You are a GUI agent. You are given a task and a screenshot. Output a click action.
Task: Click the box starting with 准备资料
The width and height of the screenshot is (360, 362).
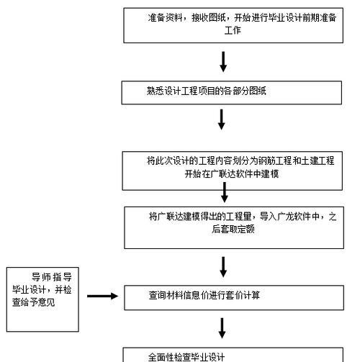(233, 25)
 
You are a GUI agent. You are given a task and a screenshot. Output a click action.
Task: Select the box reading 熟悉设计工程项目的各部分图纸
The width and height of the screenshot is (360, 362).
(232, 93)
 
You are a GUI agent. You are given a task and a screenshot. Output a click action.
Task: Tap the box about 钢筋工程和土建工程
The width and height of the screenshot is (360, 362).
(233, 171)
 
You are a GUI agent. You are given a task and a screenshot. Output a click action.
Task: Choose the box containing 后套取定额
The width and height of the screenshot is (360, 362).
(234, 227)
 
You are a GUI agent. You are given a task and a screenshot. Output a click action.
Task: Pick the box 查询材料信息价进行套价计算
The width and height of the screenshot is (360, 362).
(234, 298)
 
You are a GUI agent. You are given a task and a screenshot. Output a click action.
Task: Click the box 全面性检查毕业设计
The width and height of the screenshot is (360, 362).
(233, 355)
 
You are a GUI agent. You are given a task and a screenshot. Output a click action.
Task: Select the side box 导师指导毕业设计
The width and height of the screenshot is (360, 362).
(42, 299)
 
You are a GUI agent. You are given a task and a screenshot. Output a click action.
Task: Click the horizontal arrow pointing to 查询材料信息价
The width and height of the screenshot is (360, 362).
(103, 296)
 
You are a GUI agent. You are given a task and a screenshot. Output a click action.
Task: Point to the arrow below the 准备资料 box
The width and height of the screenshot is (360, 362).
(223, 62)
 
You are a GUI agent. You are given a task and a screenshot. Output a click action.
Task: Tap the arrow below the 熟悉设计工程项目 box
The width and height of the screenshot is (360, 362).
(221, 119)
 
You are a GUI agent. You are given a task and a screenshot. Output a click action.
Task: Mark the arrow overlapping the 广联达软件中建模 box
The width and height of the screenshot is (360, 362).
(225, 192)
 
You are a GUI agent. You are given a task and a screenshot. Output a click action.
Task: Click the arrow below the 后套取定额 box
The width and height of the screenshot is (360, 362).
(223, 267)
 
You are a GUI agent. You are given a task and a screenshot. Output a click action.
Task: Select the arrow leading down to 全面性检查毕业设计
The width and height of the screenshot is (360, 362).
(222, 328)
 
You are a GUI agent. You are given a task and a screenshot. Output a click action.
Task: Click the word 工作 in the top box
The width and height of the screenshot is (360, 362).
(233, 30)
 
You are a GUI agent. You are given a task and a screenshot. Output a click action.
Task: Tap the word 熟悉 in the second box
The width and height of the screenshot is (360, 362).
(156, 91)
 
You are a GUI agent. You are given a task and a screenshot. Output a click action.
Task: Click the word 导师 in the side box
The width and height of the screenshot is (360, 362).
(40, 277)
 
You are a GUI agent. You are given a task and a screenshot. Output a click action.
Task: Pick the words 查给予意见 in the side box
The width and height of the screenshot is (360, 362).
(34, 302)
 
